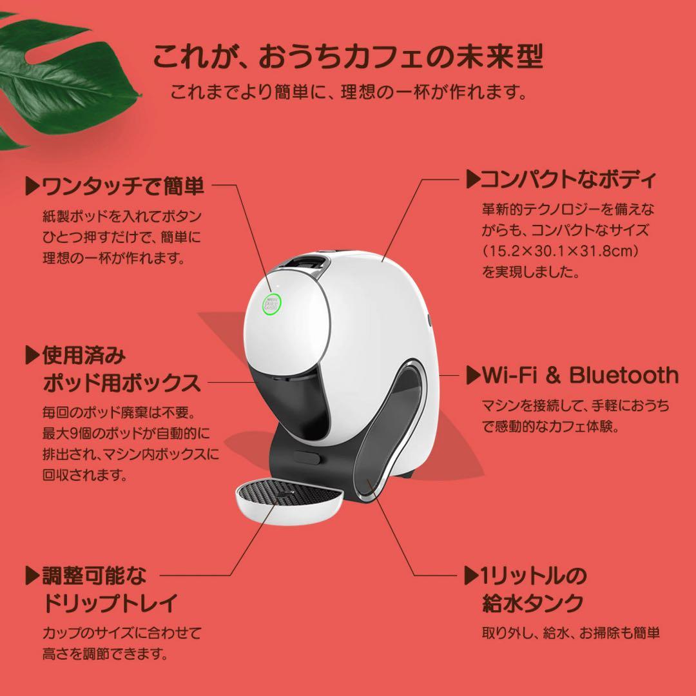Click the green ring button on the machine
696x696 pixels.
click(272, 304)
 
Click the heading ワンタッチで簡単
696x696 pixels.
click(122, 186)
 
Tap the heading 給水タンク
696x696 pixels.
click(532, 603)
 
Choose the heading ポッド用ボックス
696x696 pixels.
click(122, 383)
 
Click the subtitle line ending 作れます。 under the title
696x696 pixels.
click(349, 92)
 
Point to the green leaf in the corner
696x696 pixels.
click(64, 77)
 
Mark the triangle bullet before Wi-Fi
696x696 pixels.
click(472, 375)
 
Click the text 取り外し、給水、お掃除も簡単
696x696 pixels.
click(571, 633)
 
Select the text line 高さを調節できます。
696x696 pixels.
click(105, 653)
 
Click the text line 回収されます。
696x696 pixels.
click(84, 476)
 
